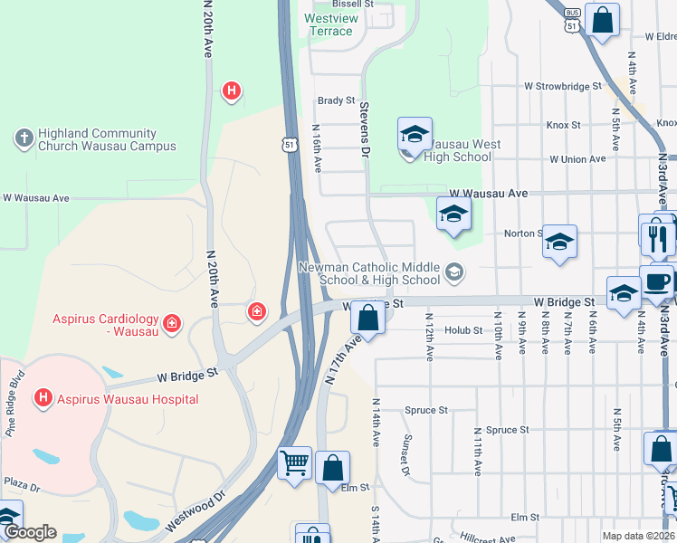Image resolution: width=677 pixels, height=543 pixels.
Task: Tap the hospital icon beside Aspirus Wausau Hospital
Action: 42,397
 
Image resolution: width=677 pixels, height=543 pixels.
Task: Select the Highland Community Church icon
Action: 23,138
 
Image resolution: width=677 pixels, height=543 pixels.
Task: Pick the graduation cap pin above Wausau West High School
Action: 415,136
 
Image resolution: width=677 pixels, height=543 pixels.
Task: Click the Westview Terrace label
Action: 330,24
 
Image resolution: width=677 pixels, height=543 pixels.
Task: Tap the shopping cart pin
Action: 294,463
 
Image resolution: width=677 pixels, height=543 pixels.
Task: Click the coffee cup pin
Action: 657,281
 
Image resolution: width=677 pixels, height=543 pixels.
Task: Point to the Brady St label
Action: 335,100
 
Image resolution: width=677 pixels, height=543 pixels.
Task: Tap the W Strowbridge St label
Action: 563,87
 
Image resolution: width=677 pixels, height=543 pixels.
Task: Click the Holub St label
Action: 463,330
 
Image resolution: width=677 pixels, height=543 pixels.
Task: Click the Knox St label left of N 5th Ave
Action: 563,125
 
